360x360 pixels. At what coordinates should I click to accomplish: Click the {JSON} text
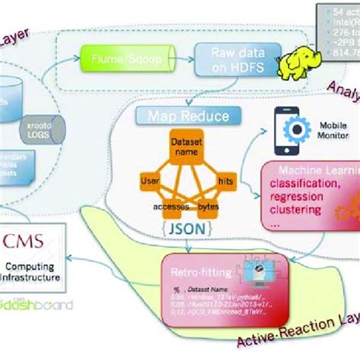point(188,225)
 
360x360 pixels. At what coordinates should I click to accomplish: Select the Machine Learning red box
point(310,194)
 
